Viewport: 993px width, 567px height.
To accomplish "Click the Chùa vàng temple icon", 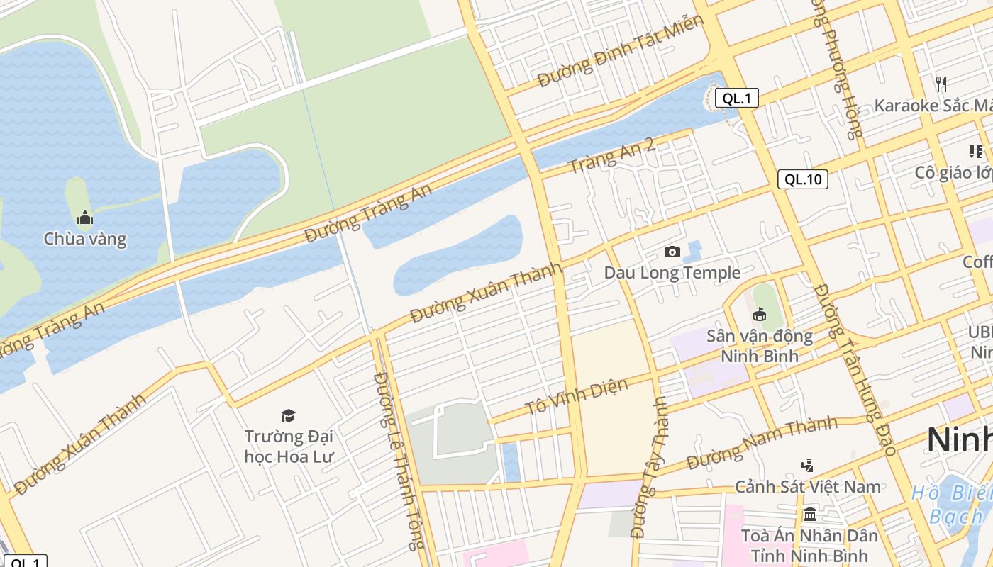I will click(x=85, y=218).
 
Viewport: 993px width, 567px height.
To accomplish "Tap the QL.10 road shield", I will click(x=803, y=179).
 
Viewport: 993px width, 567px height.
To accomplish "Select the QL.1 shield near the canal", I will click(x=736, y=99).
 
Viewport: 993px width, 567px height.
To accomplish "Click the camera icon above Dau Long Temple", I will click(x=672, y=252).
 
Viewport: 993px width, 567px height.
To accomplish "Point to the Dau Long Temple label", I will click(x=672, y=273).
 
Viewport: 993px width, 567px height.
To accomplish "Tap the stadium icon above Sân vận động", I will click(x=759, y=314).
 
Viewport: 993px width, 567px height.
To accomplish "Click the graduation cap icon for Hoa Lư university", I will click(x=288, y=415).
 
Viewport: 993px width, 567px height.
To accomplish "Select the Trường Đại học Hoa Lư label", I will click(x=288, y=446).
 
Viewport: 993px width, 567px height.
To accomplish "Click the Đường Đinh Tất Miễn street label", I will click(x=620, y=51).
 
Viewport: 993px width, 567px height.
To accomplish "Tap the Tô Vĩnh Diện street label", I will click(x=576, y=398).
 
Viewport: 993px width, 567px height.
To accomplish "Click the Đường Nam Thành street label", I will click(x=762, y=442).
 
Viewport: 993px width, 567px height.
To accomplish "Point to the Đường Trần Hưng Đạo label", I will click(x=856, y=369).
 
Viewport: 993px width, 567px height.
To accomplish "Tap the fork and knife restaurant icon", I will click(x=941, y=84).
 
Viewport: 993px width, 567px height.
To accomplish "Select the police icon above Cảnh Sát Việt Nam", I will click(x=807, y=466).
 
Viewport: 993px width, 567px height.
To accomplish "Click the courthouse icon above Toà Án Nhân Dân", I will click(x=809, y=514).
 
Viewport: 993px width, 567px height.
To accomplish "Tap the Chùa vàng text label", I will click(x=85, y=239).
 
